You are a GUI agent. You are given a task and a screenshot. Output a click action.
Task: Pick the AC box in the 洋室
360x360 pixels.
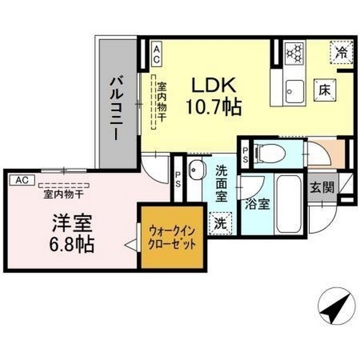pos(21,180)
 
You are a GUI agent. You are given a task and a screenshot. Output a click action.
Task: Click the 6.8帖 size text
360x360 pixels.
pos(70,244)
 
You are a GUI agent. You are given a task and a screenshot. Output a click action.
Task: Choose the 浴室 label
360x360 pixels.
pos(256,204)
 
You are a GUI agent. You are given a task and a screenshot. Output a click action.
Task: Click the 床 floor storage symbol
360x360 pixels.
pos(325,89)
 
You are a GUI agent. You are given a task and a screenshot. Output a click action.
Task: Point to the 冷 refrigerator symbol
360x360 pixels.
pos(340,53)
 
